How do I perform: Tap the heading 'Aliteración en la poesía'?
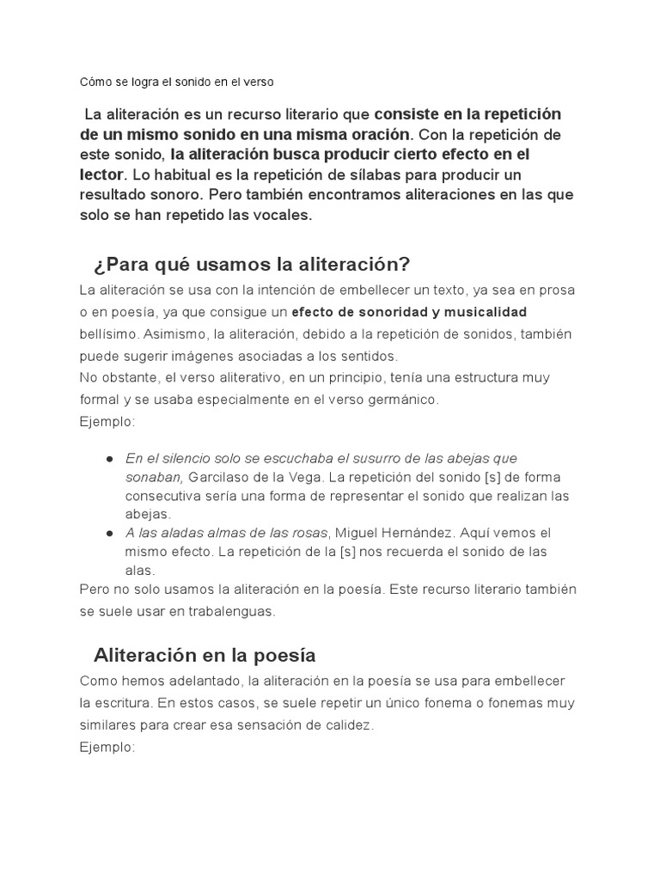coord(205,655)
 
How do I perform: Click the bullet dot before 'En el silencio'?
coord(110,459)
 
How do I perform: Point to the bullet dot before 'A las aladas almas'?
coord(110,533)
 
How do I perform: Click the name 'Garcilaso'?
coord(216,477)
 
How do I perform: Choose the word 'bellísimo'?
coord(105,333)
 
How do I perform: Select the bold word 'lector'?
coord(102,175)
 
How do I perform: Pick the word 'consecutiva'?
coord(163,496)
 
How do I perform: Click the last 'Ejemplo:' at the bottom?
coord(107,747)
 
